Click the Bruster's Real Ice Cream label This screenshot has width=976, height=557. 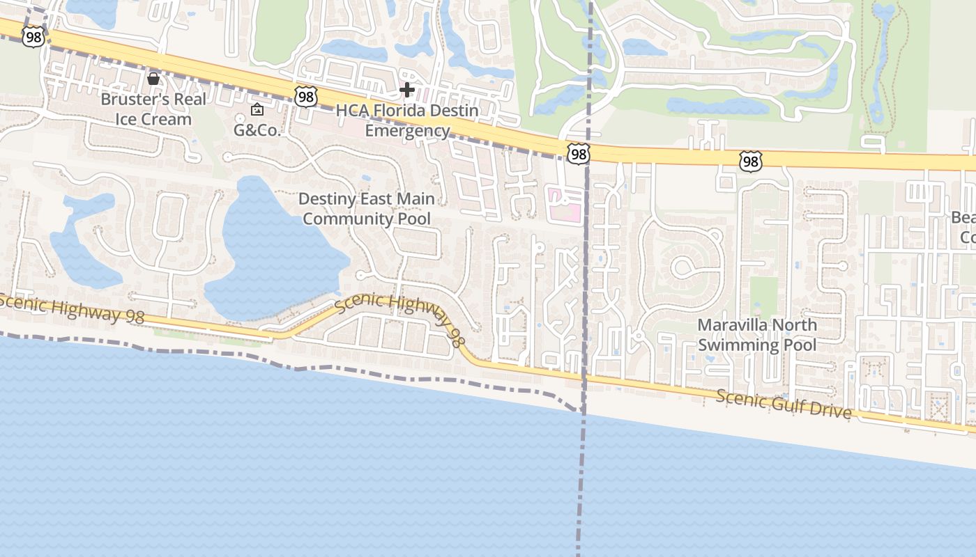[x=153, y=109]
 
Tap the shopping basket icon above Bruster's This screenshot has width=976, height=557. [x=153, y=78]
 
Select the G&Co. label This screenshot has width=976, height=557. [x=257, y=130]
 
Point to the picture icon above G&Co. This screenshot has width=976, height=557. [x=257, y=109]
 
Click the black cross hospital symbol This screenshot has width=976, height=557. [x=407, y=89]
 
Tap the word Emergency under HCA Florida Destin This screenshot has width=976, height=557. [x=407, y=131]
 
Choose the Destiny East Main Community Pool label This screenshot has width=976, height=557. [x=367, y=208]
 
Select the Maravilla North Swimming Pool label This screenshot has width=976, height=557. [x=757, y=335]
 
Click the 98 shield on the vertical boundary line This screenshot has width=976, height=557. [x=578, y=154]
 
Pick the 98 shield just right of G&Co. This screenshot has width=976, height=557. [x=305, y=97]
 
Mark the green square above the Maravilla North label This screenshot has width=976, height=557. [x=763, y=297]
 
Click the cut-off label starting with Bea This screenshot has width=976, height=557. [x=963, y=228]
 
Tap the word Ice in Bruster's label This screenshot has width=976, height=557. [x=127, y=119]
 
